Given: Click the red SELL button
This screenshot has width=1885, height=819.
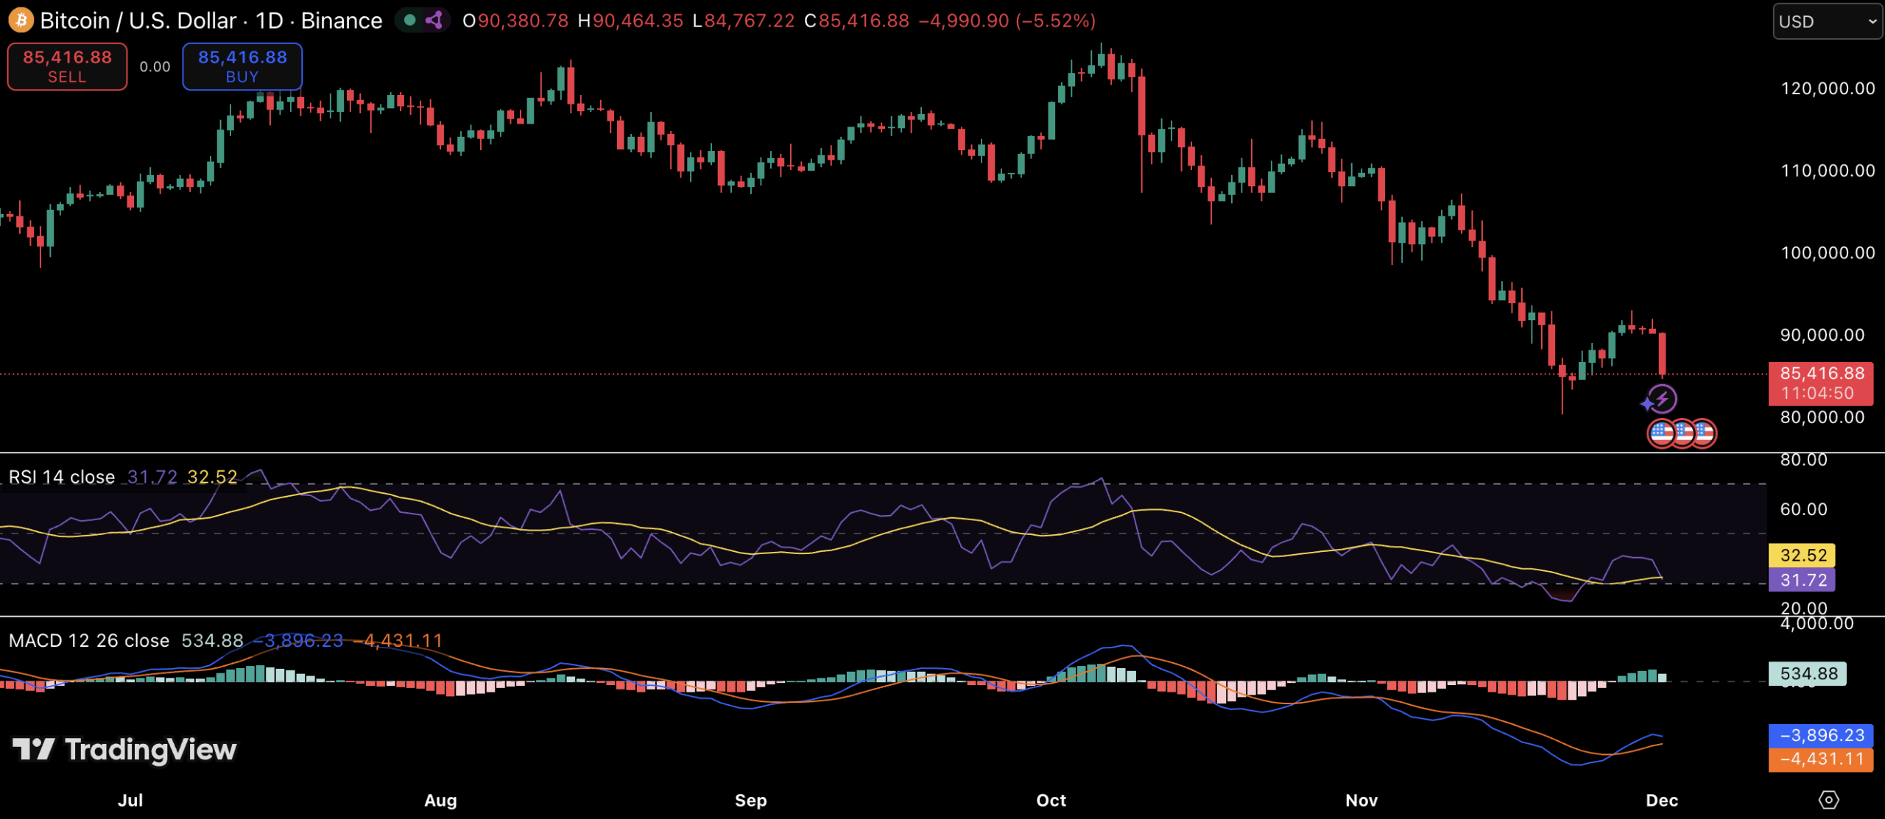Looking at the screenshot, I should coord(67,66).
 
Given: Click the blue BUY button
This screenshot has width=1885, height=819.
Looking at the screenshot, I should coord(242,66).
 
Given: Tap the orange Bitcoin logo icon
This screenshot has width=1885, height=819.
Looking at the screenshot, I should coord(21,20).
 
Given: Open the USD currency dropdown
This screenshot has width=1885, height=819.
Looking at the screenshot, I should coord(1826,21).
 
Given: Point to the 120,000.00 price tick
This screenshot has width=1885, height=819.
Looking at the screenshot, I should coord(1828,88).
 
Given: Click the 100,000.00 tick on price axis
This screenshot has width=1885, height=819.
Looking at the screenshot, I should coord(1828,252).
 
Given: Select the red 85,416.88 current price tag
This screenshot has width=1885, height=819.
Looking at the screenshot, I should coord(1821,383).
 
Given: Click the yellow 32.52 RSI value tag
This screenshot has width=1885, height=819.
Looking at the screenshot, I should coord(1803,555).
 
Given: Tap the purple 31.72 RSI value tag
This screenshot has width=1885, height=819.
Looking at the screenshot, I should coord(1803,580).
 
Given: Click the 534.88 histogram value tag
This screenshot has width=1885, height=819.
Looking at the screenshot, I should coord(1808,673).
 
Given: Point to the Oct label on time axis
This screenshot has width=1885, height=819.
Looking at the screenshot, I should coord(1051,800).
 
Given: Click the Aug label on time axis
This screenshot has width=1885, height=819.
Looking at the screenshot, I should coord(440,800).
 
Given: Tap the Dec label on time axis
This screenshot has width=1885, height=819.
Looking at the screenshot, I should coord(1662,800).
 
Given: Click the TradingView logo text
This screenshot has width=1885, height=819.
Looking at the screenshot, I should coord(150,750).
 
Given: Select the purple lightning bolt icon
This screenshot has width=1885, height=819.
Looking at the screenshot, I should coord(1662,399).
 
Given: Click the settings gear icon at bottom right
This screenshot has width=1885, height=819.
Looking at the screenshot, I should coord(1828,799).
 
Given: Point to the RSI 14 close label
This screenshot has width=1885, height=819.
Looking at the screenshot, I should coord(62,477).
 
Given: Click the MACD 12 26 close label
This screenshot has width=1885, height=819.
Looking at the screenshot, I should coord(88,640).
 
